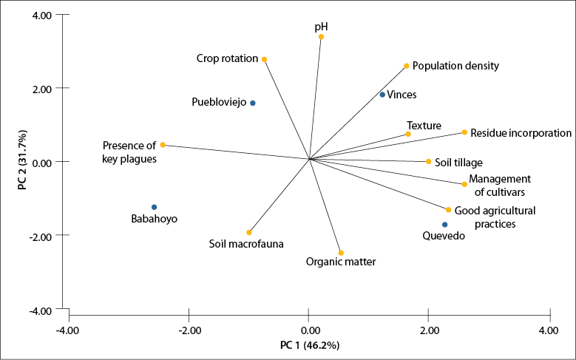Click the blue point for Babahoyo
point(154,207)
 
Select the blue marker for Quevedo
point(444,225)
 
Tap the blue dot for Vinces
point(382,95)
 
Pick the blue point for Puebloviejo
point(253,103)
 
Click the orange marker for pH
point(321,37)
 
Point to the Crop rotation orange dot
point(264,59)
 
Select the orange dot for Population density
point(407,66)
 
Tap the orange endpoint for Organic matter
point(341,253)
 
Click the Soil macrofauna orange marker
point(249,232)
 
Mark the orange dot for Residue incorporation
point(464,132)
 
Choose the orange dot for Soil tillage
point(428,161)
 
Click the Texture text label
point(424,126)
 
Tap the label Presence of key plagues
point(129,152)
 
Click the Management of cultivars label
point(501,185)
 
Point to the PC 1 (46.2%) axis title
point(309,345)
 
